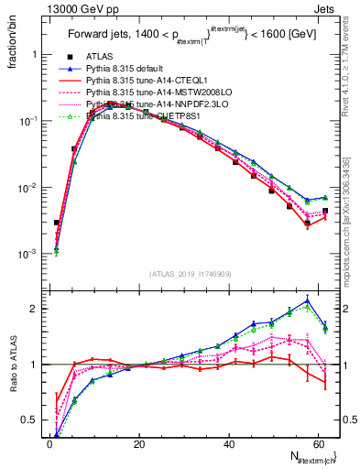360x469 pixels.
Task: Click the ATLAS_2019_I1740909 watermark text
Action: [190, 274]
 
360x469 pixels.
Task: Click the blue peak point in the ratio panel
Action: [307, 300]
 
